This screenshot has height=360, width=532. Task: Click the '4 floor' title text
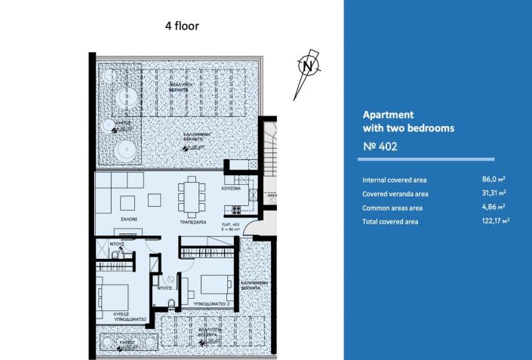[x=182, y=25]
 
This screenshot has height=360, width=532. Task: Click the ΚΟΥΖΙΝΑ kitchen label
[x=231, y=188]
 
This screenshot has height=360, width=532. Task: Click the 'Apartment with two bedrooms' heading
[x=408, y=122]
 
